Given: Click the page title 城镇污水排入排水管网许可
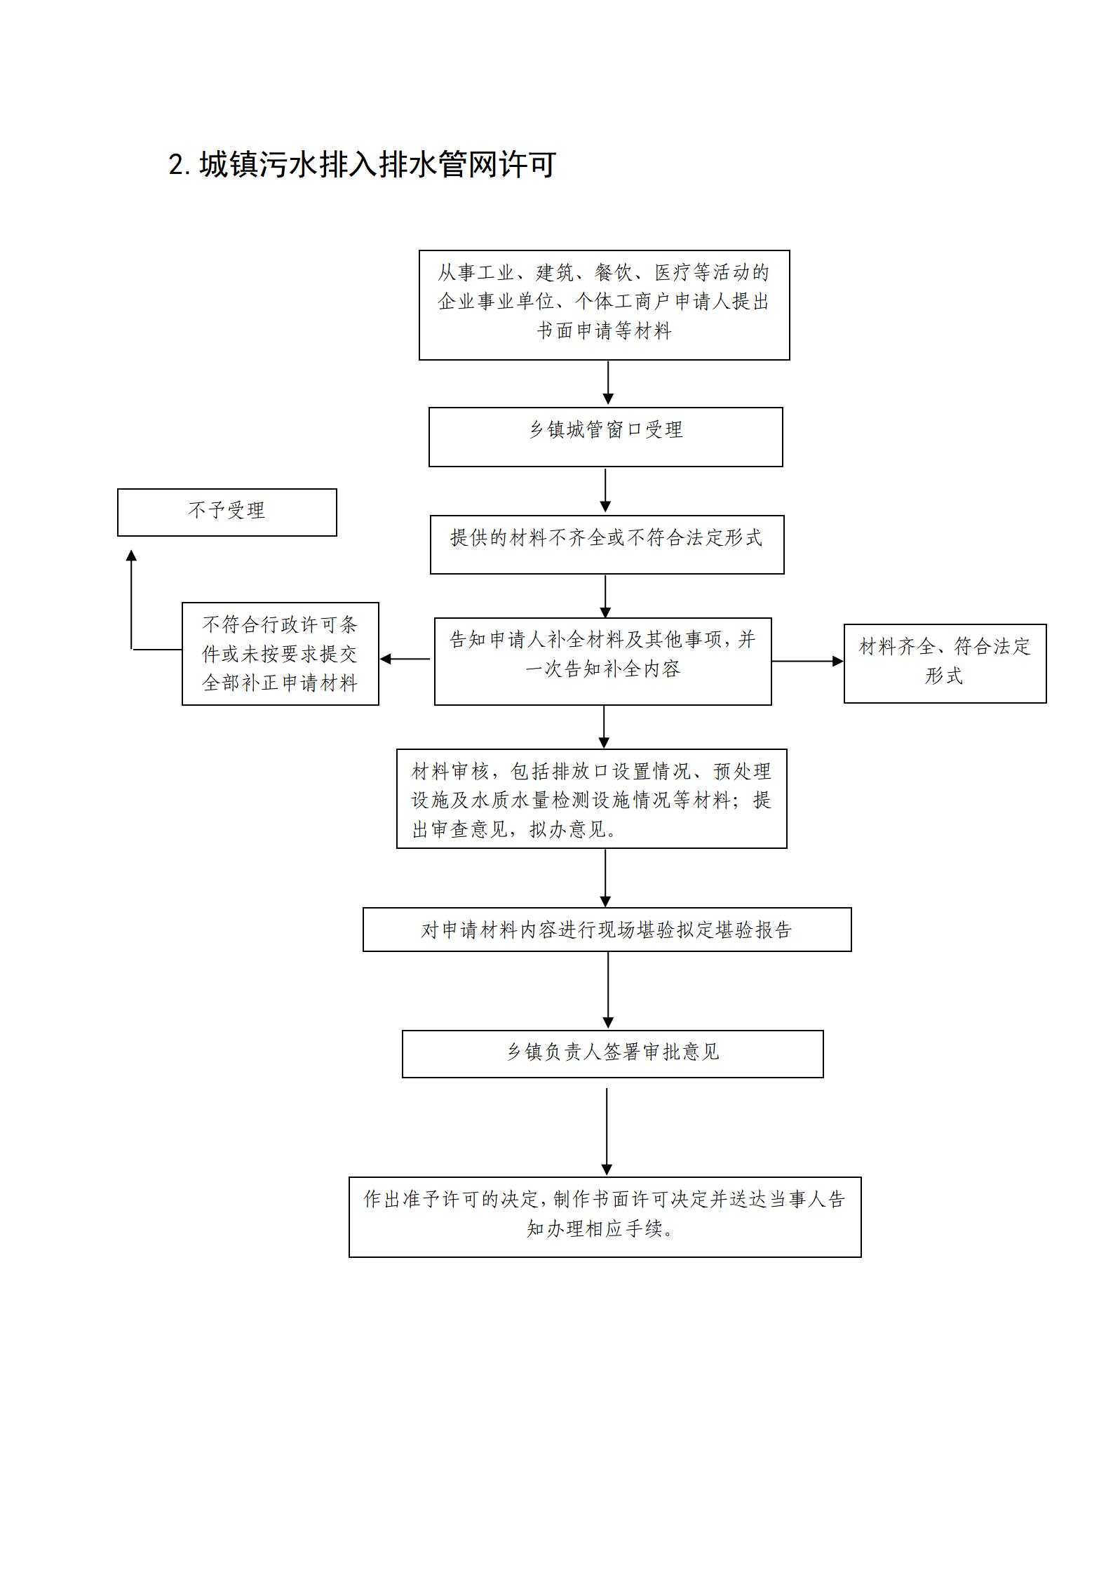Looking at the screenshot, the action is [x=378, y=165].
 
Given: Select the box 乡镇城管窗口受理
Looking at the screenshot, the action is [x=605, y=436].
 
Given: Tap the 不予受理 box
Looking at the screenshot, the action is [x=227, y=512].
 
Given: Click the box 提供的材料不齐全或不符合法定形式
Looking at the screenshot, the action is [x=607, y=544].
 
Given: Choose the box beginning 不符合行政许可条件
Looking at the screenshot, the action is [x=280, y=653].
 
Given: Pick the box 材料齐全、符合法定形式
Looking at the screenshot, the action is [x=945, y=663].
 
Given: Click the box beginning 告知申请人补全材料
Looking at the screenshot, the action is [x=602, y=661].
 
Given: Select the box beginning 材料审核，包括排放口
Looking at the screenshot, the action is [x=591, y=798].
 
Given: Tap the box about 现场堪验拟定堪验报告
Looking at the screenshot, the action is [x=607, y=930].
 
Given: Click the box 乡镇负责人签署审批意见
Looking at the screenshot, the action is [x=612, y=1054].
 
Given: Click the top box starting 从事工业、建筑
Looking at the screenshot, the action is [x=604, y=305].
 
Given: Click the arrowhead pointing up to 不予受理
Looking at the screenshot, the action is [x=131, y=556].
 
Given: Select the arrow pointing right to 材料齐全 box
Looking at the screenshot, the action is [x=807, y=661].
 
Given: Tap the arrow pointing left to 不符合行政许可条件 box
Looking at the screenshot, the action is [x=405, y=659].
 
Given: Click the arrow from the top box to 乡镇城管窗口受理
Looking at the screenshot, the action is [x=608, y=382].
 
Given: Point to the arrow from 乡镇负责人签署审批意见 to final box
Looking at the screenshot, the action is [x=607, y=1132].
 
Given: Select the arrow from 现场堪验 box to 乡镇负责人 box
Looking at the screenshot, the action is [x=608, y=990].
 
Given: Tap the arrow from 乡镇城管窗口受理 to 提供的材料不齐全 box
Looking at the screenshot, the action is [x=605, y=490].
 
